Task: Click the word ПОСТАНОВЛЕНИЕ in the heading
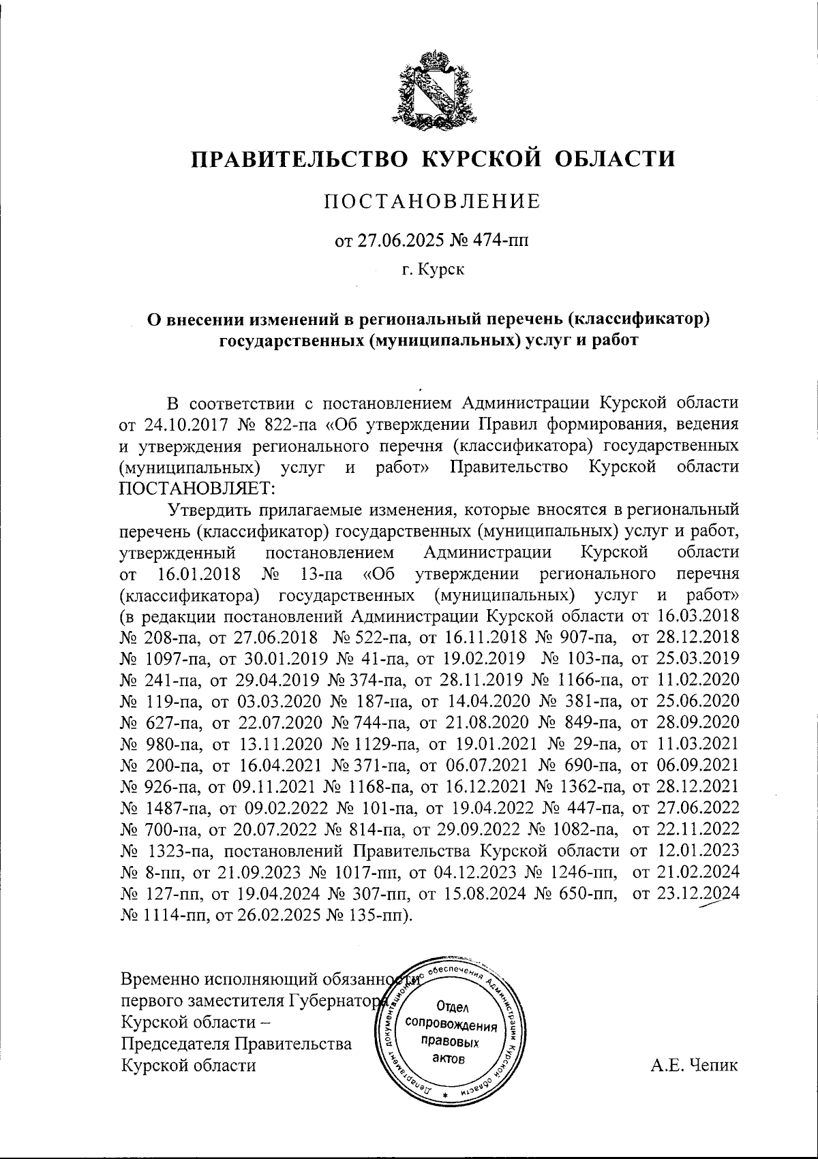point(432,201)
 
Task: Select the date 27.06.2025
point(397,241)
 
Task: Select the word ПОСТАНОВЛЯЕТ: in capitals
point(197,489)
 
